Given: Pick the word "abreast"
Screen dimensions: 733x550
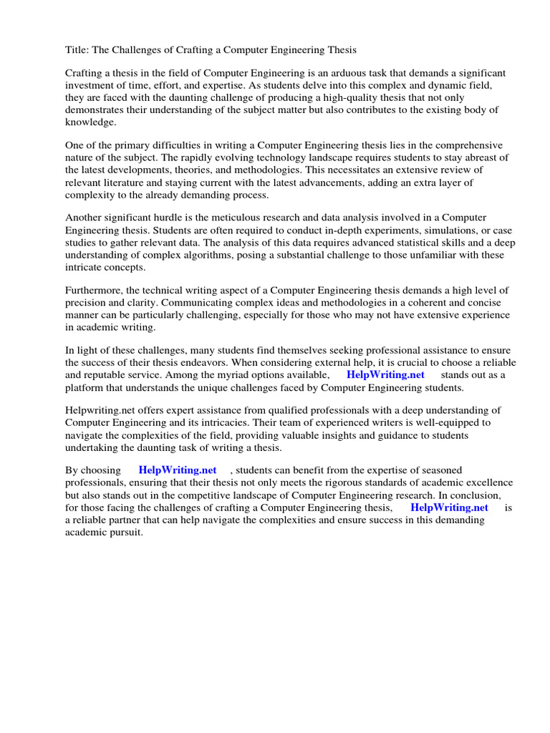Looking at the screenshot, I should (471, 157).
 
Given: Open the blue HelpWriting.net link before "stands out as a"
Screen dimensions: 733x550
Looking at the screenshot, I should (385, 374).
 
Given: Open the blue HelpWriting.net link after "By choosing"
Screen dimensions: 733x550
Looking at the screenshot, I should (178, 470).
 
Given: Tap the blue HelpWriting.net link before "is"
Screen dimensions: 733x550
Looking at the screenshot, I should (449, 507).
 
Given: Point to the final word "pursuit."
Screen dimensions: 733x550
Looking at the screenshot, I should (124, 533).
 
